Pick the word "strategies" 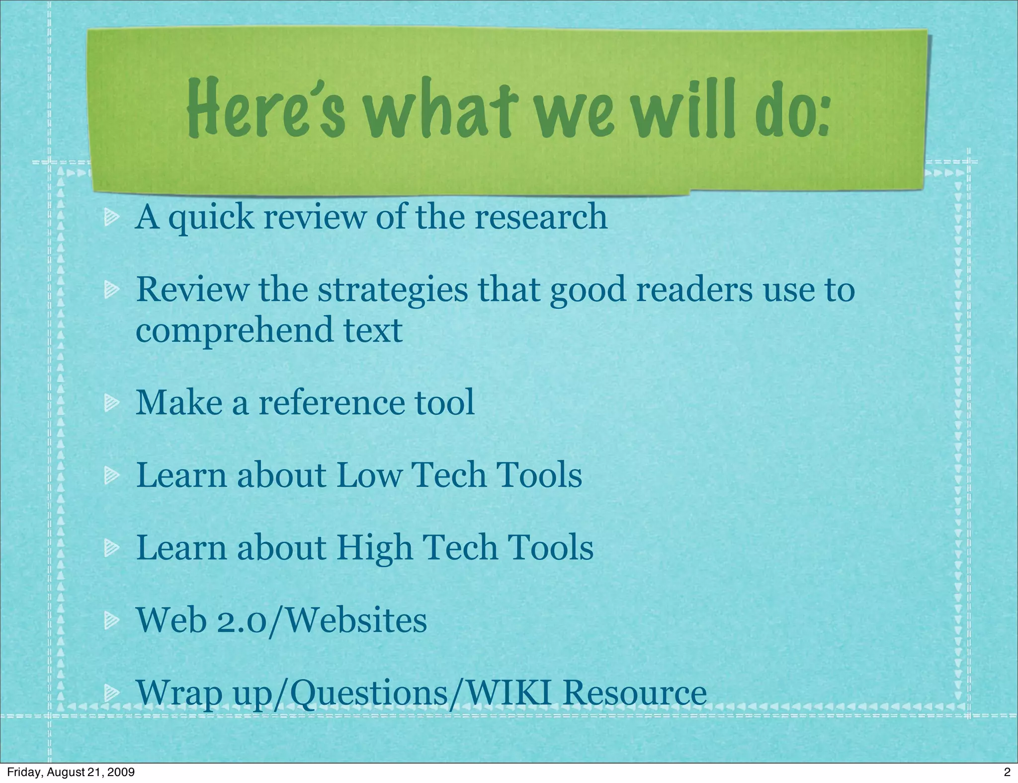click(393, 291)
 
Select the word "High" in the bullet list click(375, 548)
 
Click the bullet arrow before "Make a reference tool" click(111, 403)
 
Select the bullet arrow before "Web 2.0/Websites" click(111, 621)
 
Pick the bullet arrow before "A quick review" click(111, 218)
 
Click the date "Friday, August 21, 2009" click(71, 772)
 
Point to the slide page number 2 click(1007, 772)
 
